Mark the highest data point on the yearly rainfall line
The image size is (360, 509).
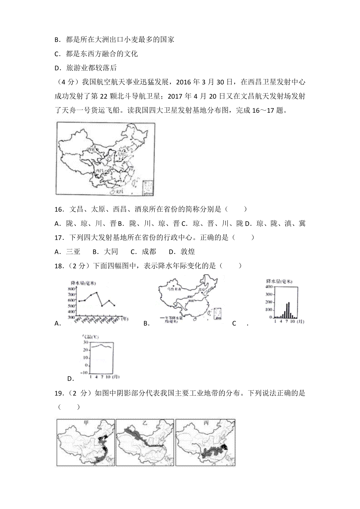click(97, 292)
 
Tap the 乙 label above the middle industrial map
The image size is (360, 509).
click(145, 423)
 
